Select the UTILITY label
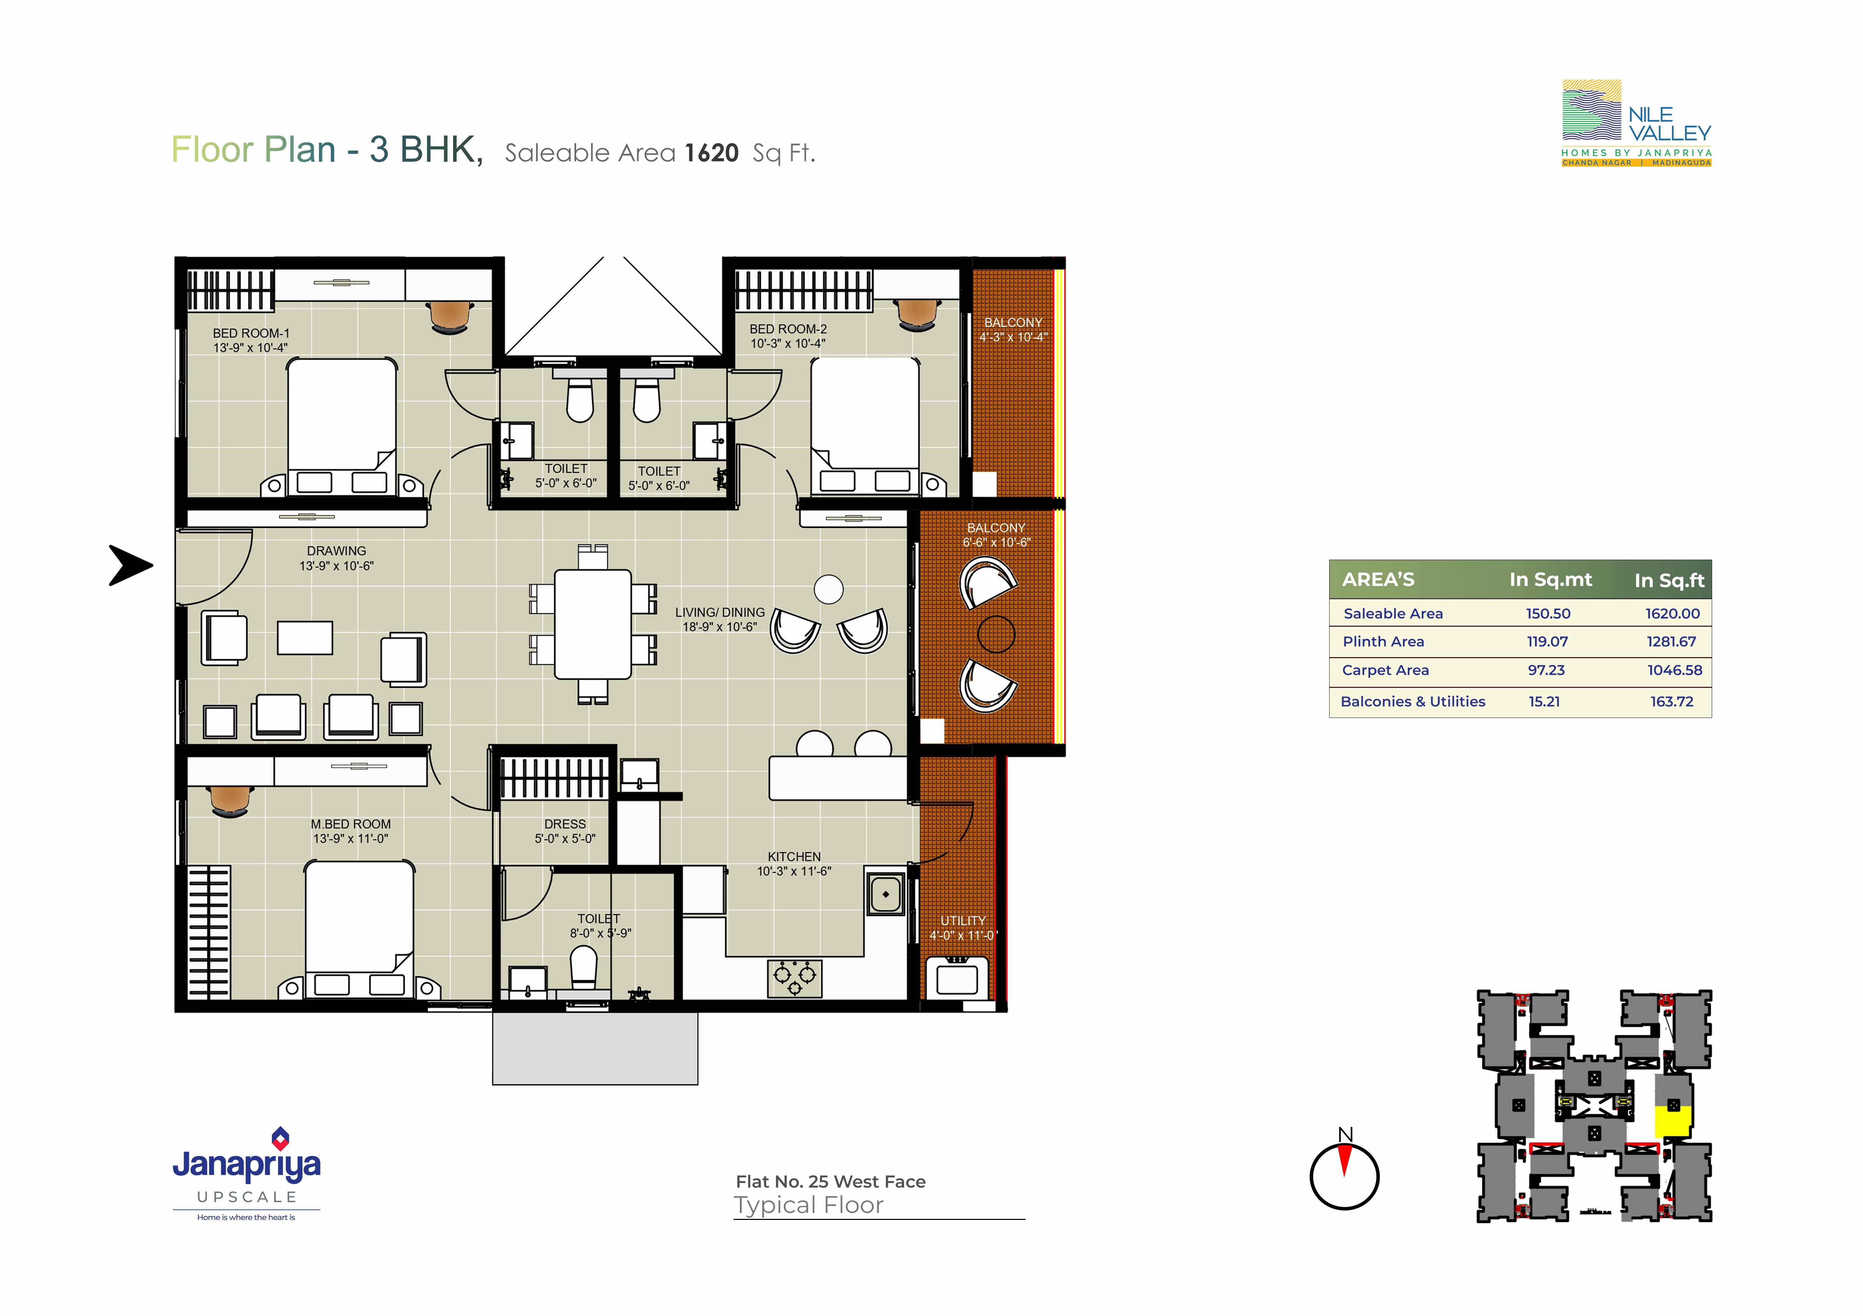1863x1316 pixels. [x=963, y=921]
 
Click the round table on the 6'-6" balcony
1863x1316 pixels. [x=996, y=634]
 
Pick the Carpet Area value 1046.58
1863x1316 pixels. [x=1675, y=670]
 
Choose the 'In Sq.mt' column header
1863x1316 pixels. [x=1551, y=579]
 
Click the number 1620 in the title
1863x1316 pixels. [x=712, y=153]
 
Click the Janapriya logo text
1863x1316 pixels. [x=247, y=1165]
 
